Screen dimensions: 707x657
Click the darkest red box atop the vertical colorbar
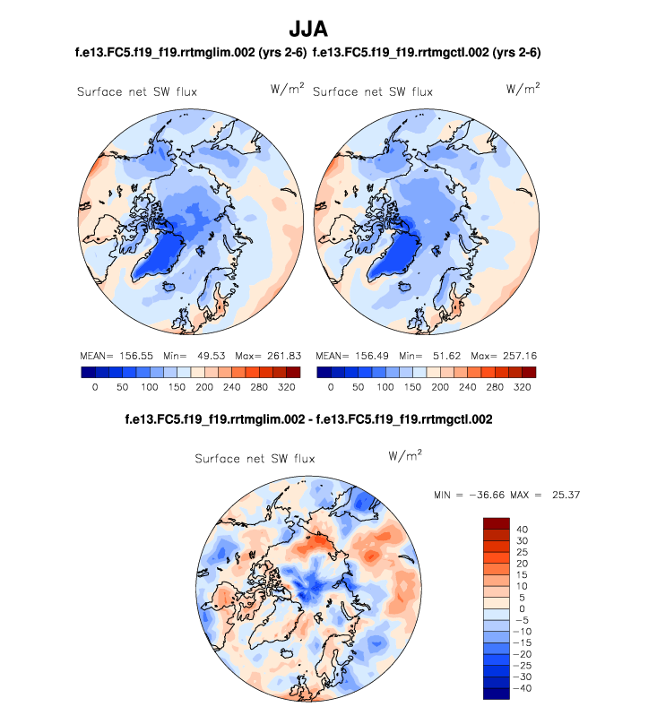point(497,523)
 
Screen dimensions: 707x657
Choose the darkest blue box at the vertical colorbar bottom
point(497,693)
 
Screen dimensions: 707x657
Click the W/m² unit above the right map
point(523,90)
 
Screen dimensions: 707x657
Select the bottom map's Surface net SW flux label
point(255,459)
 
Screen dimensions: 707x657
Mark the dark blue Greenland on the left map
point(161,260)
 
